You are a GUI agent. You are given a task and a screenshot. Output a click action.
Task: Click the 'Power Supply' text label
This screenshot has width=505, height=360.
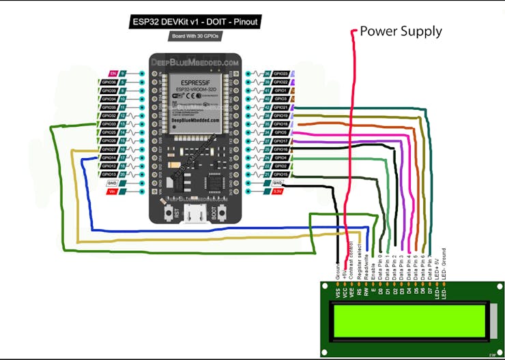pos(401,31)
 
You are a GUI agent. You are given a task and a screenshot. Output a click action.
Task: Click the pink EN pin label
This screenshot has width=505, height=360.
pos(114,72)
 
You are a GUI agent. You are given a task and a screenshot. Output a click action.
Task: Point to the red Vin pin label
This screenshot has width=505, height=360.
pos(113,192)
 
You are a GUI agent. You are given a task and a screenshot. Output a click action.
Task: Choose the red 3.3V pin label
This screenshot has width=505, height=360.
pos(278,192)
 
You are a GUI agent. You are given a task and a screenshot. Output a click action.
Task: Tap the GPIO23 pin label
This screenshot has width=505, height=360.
pos(280,72)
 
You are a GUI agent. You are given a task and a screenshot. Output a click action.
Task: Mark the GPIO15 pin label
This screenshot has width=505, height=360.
pos(280,175)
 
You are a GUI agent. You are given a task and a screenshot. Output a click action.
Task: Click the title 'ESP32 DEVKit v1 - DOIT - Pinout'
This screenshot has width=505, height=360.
pos(196,22)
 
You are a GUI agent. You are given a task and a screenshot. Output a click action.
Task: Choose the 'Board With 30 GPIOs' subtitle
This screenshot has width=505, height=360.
pos(196,35)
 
